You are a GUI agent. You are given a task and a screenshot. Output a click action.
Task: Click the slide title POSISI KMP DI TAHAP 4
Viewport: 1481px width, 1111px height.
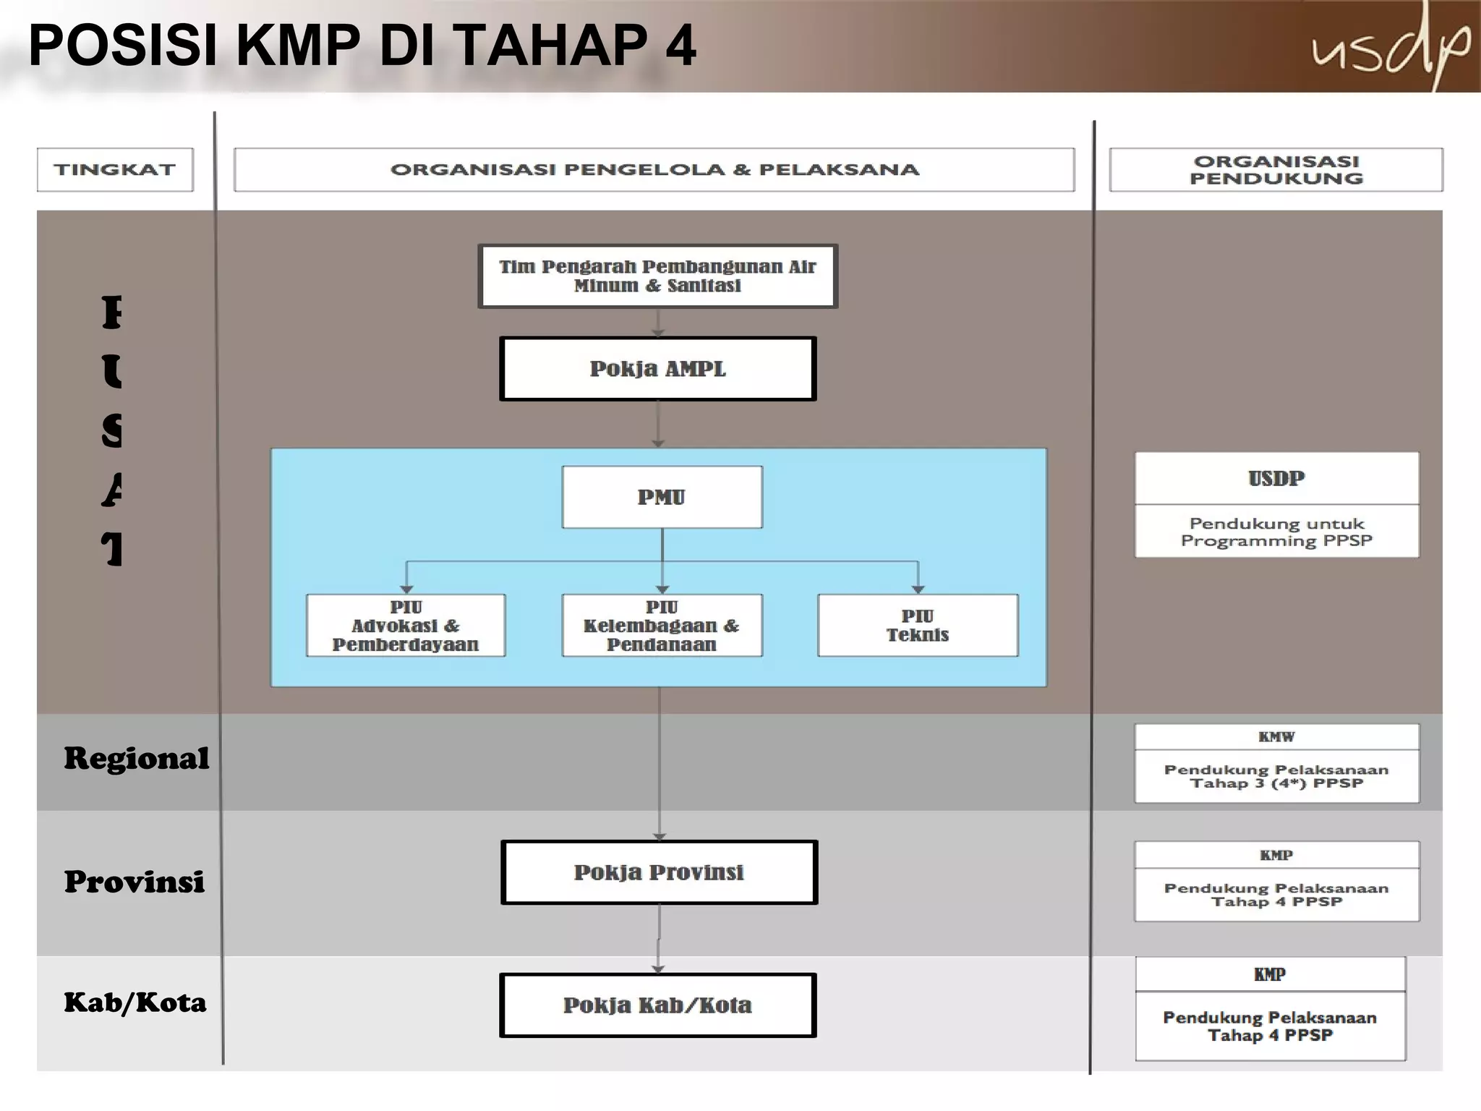[362, 46]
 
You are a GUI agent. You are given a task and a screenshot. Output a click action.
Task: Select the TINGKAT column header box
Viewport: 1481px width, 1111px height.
[115, 170]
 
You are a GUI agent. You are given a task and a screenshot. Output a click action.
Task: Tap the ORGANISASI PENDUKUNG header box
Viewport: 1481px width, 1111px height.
[1276, 170]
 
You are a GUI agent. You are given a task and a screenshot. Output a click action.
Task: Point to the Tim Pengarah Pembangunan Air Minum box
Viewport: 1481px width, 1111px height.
[657, 276]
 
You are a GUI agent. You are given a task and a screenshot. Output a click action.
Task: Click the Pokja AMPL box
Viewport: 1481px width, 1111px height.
[657, 369]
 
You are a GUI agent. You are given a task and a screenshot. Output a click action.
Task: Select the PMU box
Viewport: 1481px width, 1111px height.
[662, 497]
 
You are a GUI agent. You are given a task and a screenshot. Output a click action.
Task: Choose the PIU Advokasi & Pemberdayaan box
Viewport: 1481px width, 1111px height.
[406, 626]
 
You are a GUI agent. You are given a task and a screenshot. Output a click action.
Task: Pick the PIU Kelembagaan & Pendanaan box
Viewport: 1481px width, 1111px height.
[662, 626]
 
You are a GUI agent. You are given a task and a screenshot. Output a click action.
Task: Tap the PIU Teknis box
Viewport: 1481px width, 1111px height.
[918, 626]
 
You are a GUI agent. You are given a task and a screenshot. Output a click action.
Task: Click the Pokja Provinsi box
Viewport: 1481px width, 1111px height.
[659, 872]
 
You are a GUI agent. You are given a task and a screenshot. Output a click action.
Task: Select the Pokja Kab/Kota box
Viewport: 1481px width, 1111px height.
[657, 1005]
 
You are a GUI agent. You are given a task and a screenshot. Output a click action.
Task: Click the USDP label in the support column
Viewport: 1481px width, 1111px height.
[1276, 478]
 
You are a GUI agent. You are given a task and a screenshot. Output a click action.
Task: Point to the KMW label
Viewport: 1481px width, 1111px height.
[1276, 737]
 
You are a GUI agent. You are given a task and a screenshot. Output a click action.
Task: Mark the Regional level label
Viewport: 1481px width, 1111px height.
[136, 759]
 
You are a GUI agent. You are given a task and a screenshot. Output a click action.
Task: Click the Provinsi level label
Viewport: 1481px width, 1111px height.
[135, 882]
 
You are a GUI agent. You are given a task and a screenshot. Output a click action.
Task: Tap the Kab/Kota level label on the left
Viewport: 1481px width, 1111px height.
[135, 1003]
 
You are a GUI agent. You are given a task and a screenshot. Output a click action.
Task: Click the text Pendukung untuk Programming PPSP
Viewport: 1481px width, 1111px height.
[1276, 532]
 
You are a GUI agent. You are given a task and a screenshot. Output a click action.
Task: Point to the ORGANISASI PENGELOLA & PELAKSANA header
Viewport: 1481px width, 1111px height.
[654, 170]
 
